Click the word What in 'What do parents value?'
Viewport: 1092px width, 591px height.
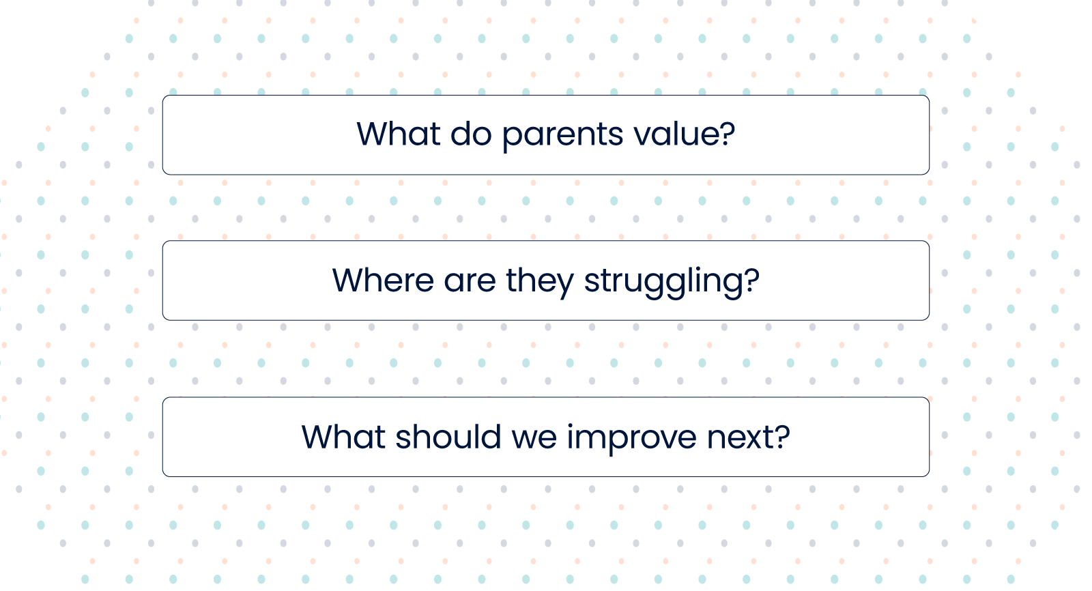click(399, 134)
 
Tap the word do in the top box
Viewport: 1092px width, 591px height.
click(471, 134)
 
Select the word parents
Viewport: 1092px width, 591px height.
click(562, 136)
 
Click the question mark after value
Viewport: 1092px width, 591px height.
click(727, 133)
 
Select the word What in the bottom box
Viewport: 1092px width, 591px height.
click(344, 436)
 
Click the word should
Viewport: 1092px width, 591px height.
click(448, 436)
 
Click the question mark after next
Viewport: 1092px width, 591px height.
click(782, 436)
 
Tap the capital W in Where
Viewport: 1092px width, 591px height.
click(351, 280)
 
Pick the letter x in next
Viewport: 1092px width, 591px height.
click(753, 439)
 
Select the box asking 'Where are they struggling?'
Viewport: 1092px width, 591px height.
click(546, 280)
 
